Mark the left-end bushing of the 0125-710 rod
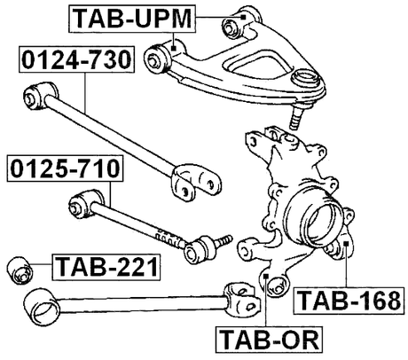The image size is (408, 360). (x=79, y=207)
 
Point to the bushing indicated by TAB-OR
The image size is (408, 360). (x=271, y=284)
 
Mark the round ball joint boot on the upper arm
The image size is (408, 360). (x=307, y=82)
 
